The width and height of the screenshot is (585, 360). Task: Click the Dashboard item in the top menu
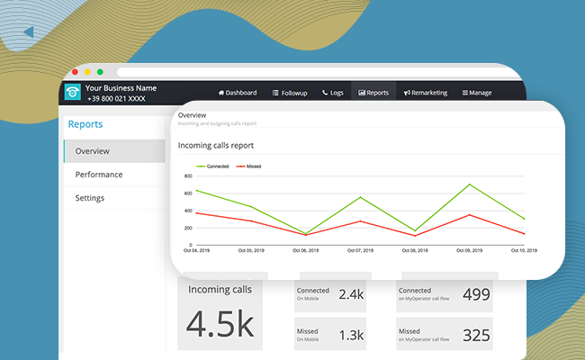(x=238, y=93)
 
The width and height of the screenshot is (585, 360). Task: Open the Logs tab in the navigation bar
(x=333, y=93)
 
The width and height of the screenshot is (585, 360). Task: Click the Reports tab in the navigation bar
(x=373, y=93)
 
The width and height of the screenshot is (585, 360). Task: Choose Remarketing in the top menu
(x=427, y=93)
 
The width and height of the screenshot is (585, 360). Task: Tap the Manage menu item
(x=477, y=93)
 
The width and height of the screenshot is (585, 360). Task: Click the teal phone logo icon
(x=72, y=93)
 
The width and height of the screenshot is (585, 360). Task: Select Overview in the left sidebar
(x=93, y=151)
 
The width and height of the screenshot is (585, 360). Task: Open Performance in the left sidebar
(x=99, y=175)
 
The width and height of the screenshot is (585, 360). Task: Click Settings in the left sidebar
(x=90, y=198)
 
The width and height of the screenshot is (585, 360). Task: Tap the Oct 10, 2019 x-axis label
(x=524, y=251)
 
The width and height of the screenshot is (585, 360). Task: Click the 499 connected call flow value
(x=476, y=294)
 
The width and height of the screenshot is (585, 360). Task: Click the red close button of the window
(x=76, y=72)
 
